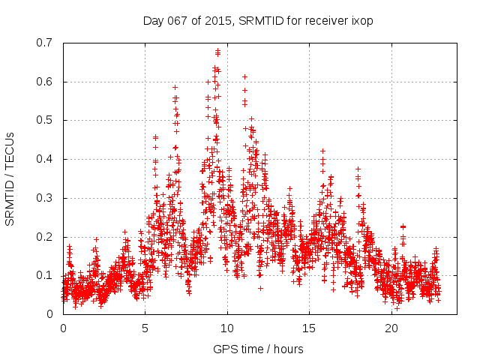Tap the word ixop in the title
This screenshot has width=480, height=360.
point(361,21)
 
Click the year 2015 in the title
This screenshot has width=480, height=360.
point(218,21)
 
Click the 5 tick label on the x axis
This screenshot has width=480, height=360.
point(145,328)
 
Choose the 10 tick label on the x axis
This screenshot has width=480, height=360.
point(227,328)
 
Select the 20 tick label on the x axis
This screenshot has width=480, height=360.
point(391,328)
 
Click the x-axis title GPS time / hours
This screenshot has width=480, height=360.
point(258,349)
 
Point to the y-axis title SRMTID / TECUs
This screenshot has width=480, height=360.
point(11,178)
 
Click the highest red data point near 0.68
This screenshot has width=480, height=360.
point(218,51)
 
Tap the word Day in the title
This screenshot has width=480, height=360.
point(153,21)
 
